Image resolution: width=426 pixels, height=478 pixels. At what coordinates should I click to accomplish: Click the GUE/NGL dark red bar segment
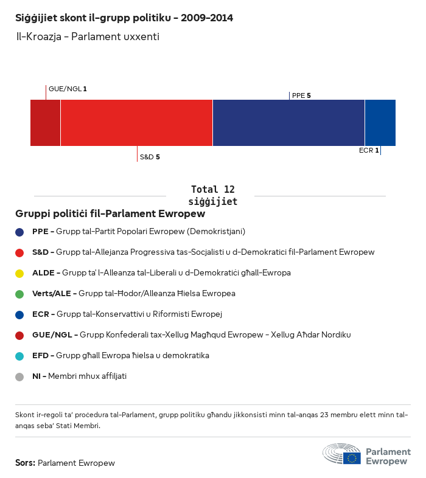[45, 122]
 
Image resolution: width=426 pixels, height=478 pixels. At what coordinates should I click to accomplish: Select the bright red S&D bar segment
[136, 122]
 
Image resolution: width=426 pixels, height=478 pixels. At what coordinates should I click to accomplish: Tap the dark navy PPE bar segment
[288, 122]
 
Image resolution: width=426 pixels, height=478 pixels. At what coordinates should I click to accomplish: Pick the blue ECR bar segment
[380, 122]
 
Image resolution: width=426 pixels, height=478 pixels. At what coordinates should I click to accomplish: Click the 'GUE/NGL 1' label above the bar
[68, 89]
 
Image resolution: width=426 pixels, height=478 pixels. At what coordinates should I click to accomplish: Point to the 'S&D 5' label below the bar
[150, 157]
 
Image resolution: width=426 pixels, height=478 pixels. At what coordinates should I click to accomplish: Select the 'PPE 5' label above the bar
[301, 95]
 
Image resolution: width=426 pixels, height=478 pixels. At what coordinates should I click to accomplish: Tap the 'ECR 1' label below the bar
[369, 150]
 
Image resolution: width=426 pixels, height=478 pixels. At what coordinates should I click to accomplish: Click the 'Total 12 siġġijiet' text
[212, 195]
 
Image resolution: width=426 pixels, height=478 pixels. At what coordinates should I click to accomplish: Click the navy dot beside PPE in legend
[19, 232]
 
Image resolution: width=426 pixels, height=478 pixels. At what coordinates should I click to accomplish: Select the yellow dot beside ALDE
[19, 273]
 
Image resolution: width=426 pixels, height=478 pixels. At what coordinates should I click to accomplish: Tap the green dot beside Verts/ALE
[19, 294]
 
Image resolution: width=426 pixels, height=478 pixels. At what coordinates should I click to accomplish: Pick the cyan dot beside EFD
[19, 356]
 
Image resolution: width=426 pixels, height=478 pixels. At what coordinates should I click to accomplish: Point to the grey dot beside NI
[19, 376]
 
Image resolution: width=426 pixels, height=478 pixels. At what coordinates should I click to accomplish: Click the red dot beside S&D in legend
[19, 252]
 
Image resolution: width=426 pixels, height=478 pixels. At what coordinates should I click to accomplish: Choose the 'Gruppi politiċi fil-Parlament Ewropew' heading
[110, 214]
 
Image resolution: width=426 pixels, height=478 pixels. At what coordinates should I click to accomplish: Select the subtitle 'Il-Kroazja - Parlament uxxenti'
[88, 37]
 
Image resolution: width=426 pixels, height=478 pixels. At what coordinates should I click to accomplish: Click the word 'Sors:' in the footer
[25, 463]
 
